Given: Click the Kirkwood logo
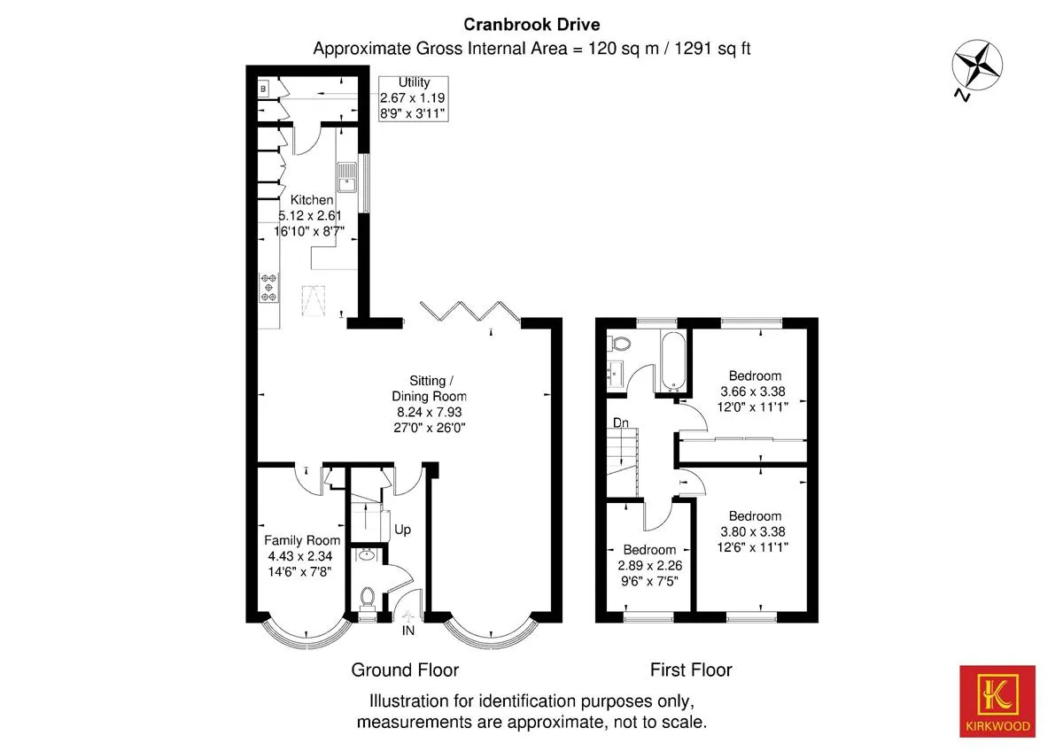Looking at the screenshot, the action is pos(997,701).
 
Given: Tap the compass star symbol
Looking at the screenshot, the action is pos(977,65).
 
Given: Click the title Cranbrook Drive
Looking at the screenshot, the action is pos(531,25).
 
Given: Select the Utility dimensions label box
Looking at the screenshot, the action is pos(414,98).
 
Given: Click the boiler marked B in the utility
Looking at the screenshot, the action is pos(263,89).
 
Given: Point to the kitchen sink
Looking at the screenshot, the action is pos(347,177).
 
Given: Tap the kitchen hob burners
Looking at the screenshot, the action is pos(268,288).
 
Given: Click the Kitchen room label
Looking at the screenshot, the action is pos(312,200).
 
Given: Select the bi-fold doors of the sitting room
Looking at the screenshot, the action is pos(469,312).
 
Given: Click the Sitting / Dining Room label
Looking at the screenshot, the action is pos(430,388).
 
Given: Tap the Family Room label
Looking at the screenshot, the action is pos(302,540).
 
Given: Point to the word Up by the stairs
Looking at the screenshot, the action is pos(402,530).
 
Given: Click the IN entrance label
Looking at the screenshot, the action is pos(408,631).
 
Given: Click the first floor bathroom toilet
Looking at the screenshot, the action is pos(620,343).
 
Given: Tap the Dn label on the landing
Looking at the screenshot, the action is pos(621,422).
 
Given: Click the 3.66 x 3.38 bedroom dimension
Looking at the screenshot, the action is pos(753,391).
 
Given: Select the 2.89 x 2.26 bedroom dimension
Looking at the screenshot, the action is pos(649,566).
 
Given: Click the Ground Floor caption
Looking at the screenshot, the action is pos(405,670).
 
